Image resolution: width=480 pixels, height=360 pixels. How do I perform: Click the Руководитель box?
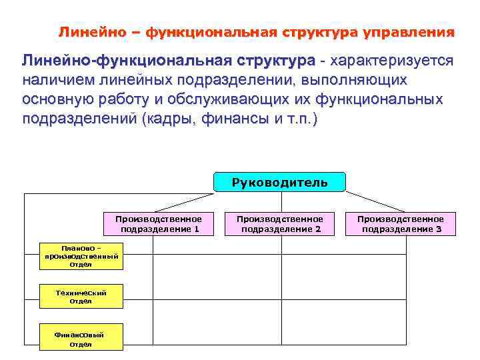279,182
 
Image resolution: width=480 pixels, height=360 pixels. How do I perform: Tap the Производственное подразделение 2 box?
280,224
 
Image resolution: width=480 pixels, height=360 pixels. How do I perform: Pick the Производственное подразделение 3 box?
401,224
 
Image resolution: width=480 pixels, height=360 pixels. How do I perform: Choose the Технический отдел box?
81,297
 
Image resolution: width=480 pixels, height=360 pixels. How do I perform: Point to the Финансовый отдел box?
81,339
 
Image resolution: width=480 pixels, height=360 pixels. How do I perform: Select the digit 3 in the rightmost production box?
439,229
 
